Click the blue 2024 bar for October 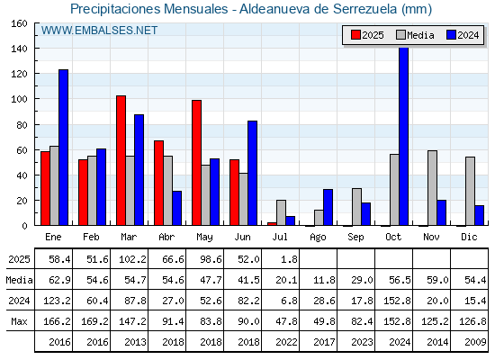pos(404,136)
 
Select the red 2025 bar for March pos(121,160)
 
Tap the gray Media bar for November pos(432,188)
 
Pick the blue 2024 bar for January pos(63,148)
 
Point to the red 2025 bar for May pos(197,163)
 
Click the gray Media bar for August pos(319,218)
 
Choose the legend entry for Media pos(415,35)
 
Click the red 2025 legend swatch pos(355,35)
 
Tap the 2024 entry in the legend pos(463,35)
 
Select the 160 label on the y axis pos(19,23)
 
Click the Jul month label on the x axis pos(280,238)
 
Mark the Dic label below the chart pos(469,238)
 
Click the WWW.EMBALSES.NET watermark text pos(99,31)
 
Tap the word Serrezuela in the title pos(365,9)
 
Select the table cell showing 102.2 pos(130,259)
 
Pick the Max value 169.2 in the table pos(92,321)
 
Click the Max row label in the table pos(19,321)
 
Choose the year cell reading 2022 pos(281,342)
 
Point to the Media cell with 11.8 pos(319,280)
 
